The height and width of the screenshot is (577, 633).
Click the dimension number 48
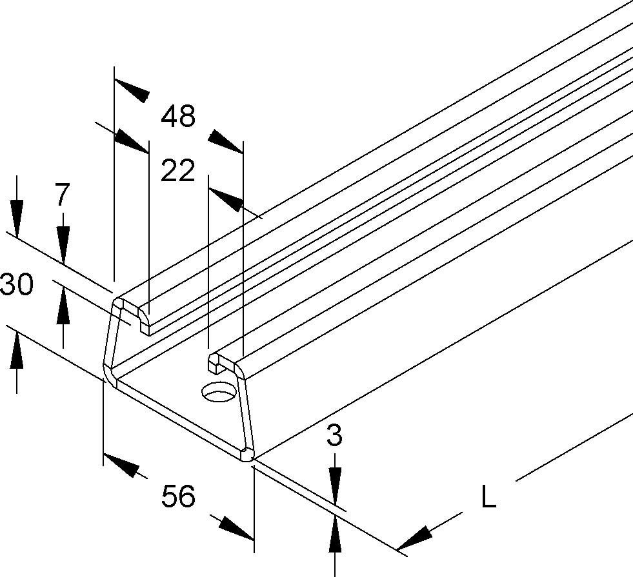[x=178, y=117]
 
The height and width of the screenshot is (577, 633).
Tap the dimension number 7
[x=61, y=194]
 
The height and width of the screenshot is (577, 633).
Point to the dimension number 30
[x=17, y=284]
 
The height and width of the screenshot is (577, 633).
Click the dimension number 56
[x=178, y=497]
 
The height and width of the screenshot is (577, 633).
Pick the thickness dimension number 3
[x=334, y=436]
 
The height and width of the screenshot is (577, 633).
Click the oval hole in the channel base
[x=218, y=391]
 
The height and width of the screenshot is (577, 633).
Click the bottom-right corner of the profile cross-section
[x=248, y=456]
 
